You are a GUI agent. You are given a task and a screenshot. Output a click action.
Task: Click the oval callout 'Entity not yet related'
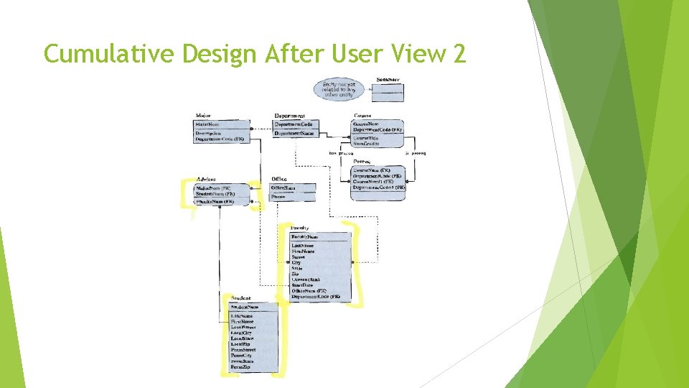tap(339, 89)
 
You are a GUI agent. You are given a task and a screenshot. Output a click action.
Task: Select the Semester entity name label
tap(389, 79)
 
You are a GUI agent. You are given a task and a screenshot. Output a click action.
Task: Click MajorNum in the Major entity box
tap(208, 124)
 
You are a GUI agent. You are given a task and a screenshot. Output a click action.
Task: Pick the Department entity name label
tap(289, 116)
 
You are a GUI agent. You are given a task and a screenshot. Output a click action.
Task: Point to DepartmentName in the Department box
tap(294, 133)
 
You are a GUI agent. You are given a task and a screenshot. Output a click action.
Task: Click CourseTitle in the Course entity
tap(366, 137)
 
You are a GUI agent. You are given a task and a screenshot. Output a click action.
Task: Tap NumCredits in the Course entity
tap(366, 144)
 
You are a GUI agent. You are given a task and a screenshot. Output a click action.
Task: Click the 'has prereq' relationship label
tap(342, 153)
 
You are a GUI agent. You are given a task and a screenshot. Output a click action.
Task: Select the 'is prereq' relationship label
tap(416, 153)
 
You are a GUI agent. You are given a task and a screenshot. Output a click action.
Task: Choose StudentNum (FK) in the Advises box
tap(215, 194)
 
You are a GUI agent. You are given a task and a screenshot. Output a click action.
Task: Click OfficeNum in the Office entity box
tap(283, 188)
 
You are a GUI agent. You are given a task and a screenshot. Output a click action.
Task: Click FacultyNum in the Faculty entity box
tap(305, 236)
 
